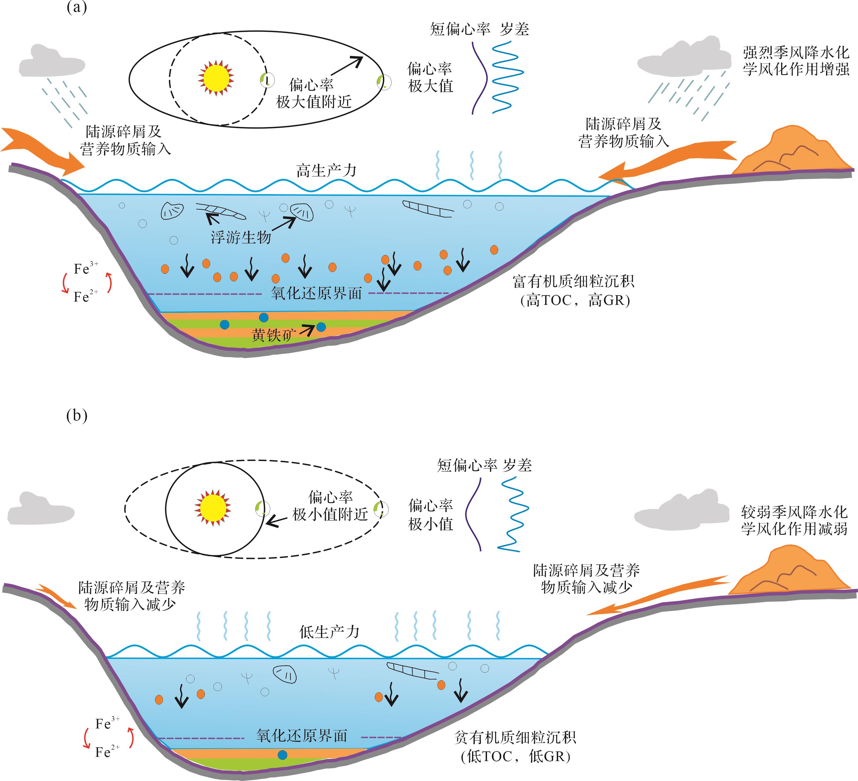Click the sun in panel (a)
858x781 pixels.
(x=216, y=78)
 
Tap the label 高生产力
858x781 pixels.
(x=326, y=170)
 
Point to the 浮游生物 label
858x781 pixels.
(x=241, y=237)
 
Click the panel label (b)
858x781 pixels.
(x=76, y=416)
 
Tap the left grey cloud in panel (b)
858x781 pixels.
(x=40, y=508)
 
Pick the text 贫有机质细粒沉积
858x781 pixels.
(x=515, y=737)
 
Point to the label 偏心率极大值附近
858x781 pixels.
(x=313, y=93)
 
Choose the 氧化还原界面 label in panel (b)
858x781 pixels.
(x=302, y=736)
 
